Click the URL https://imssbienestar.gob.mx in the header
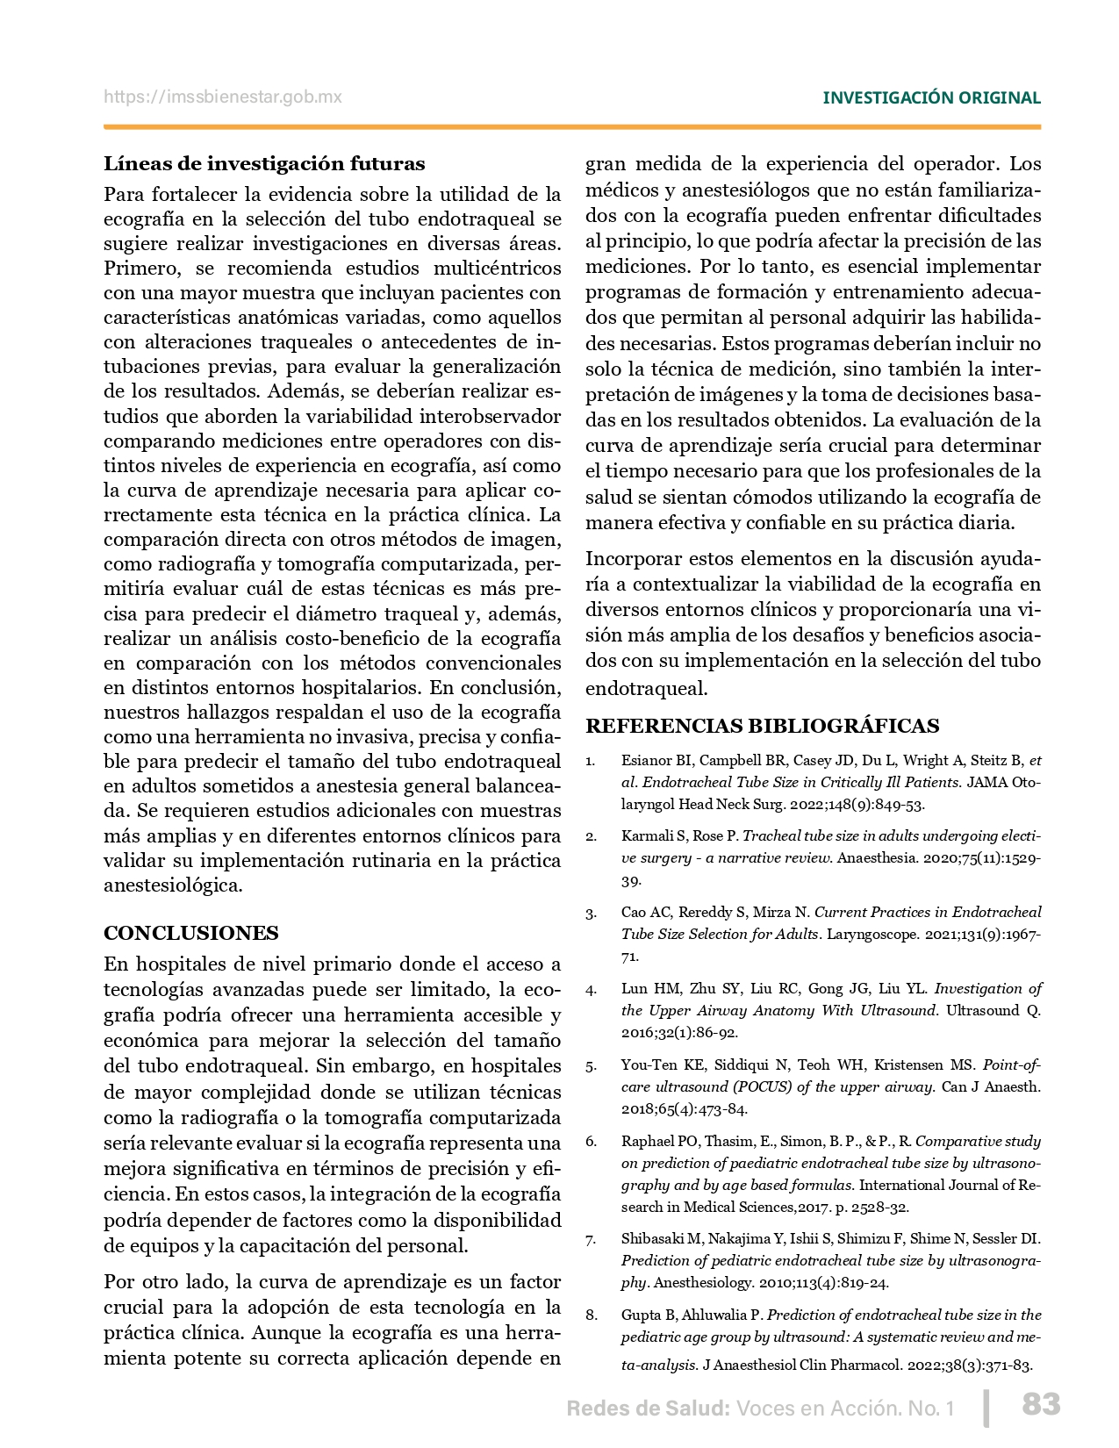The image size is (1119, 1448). click(223, 97)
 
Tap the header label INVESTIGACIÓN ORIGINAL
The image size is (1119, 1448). click(931, 97)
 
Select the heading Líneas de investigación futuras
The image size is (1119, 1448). click(264, 163)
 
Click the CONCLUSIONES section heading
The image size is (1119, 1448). click(191, 933)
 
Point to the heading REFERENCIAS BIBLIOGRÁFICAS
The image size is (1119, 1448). click(762, 726)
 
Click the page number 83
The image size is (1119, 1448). click(1041, 1404)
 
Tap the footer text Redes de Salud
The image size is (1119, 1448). click(648, 1409)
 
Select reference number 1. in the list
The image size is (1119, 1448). click(591, 761)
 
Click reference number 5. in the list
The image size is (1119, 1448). click(591, 1066)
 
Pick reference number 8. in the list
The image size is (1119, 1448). click(592, 1315)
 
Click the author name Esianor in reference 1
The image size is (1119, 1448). click(645, 760)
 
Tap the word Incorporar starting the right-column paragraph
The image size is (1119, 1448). click(630, 558)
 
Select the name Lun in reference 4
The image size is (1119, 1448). click(635, 988)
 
